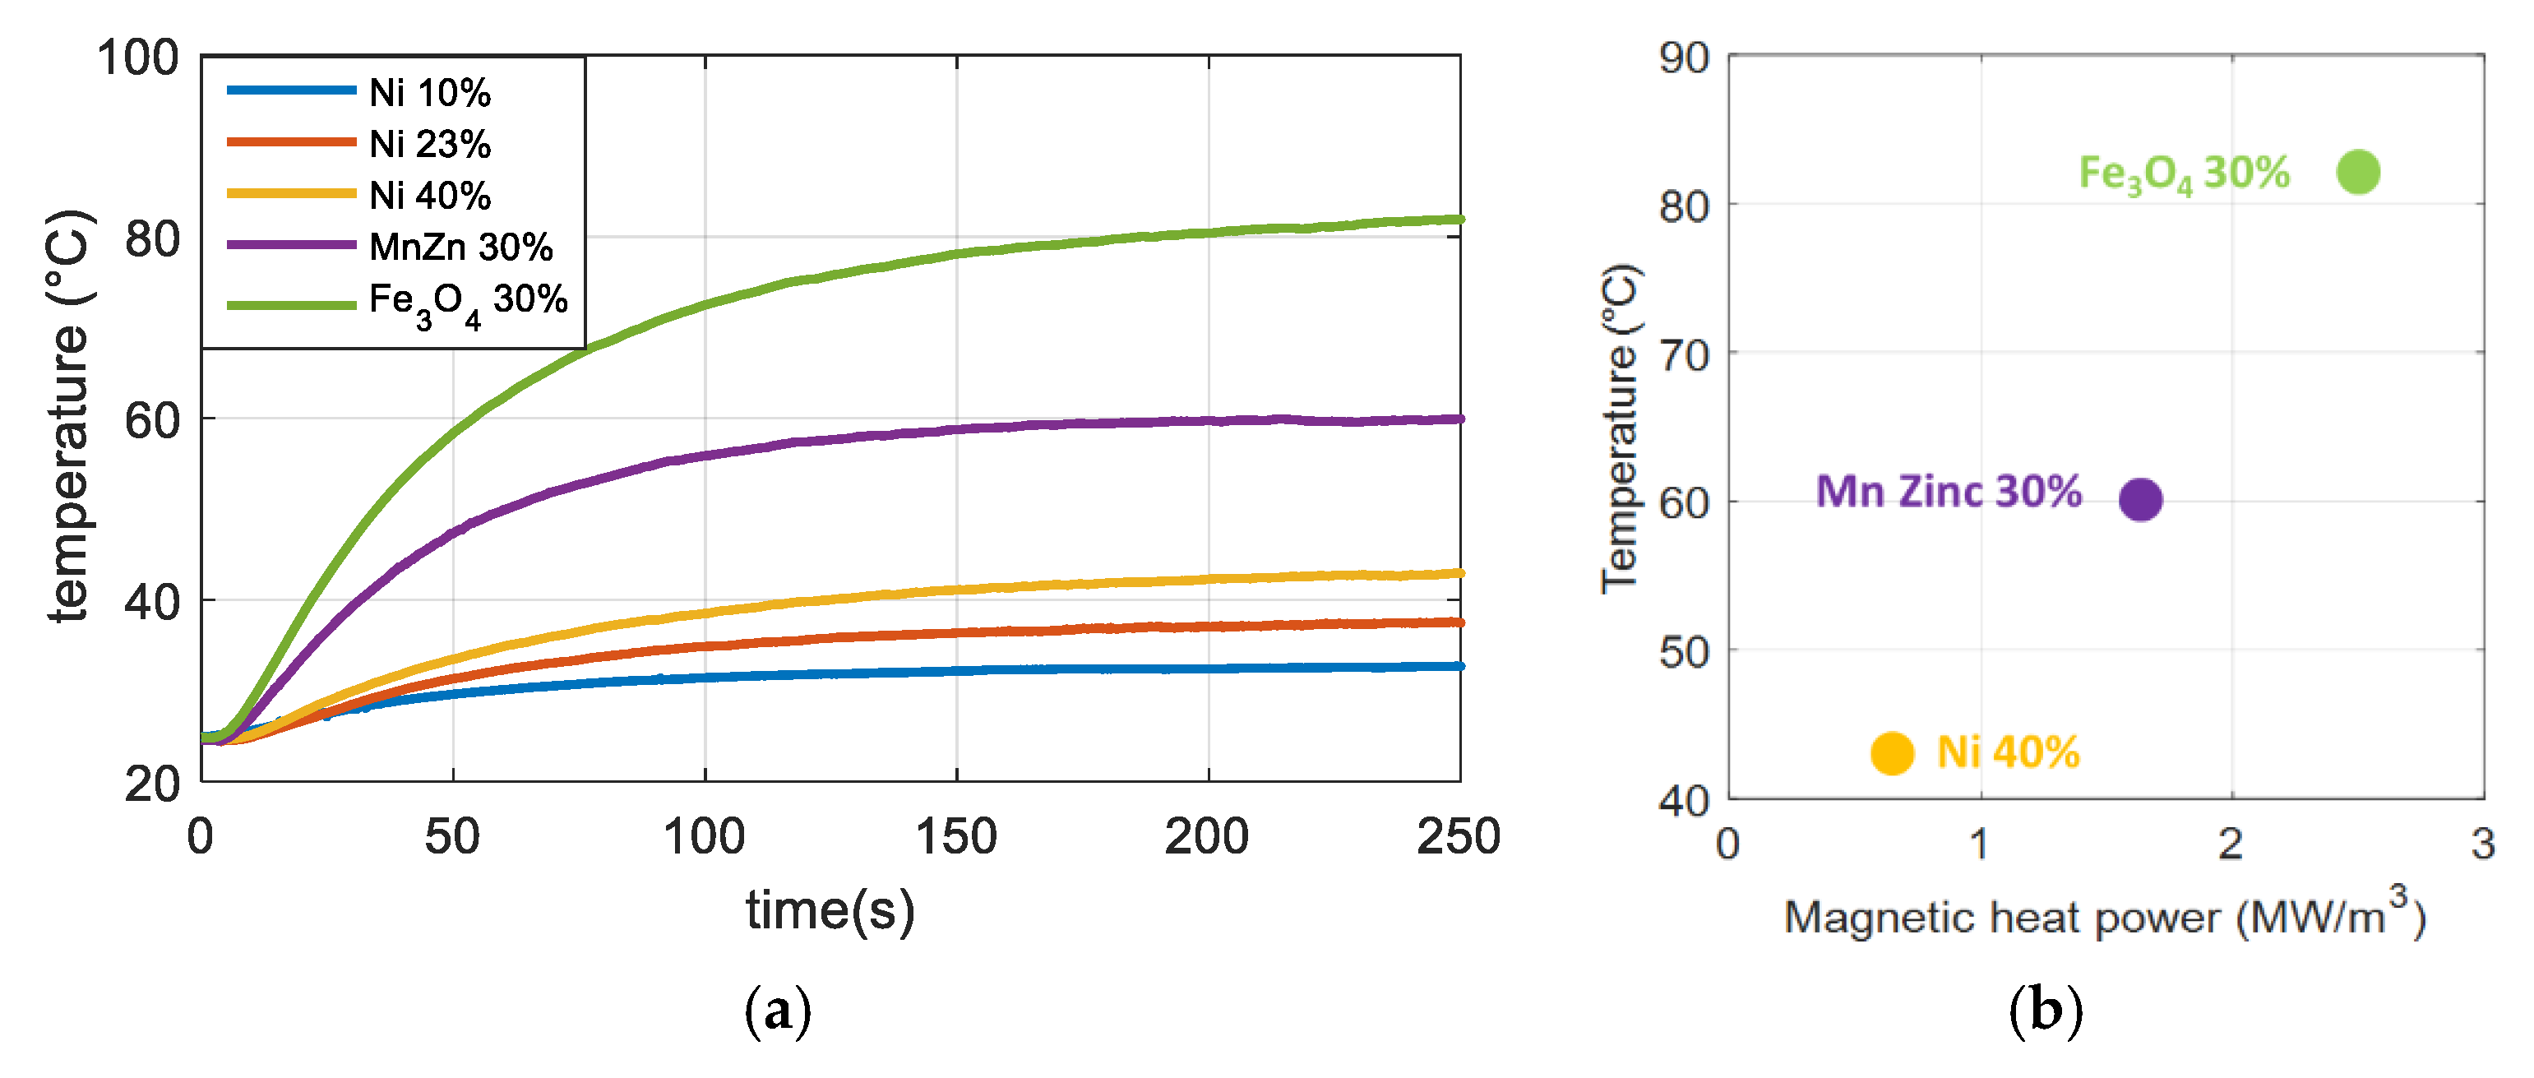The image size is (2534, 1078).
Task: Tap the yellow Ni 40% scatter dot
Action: (x=1891, y=753)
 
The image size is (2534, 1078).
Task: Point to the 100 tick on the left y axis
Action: (x=138, y=58)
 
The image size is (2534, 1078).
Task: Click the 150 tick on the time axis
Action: (x=955, y=837)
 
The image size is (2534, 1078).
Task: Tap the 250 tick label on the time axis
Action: (x=1458, y=837)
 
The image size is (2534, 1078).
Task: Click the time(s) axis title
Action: (x=830, y=909)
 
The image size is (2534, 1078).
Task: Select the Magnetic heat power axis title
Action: (x=2104, y=918)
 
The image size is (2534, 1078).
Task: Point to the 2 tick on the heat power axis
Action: (x=2230, y=844)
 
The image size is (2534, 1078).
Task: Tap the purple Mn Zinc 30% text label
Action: (x=1948, y=491)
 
